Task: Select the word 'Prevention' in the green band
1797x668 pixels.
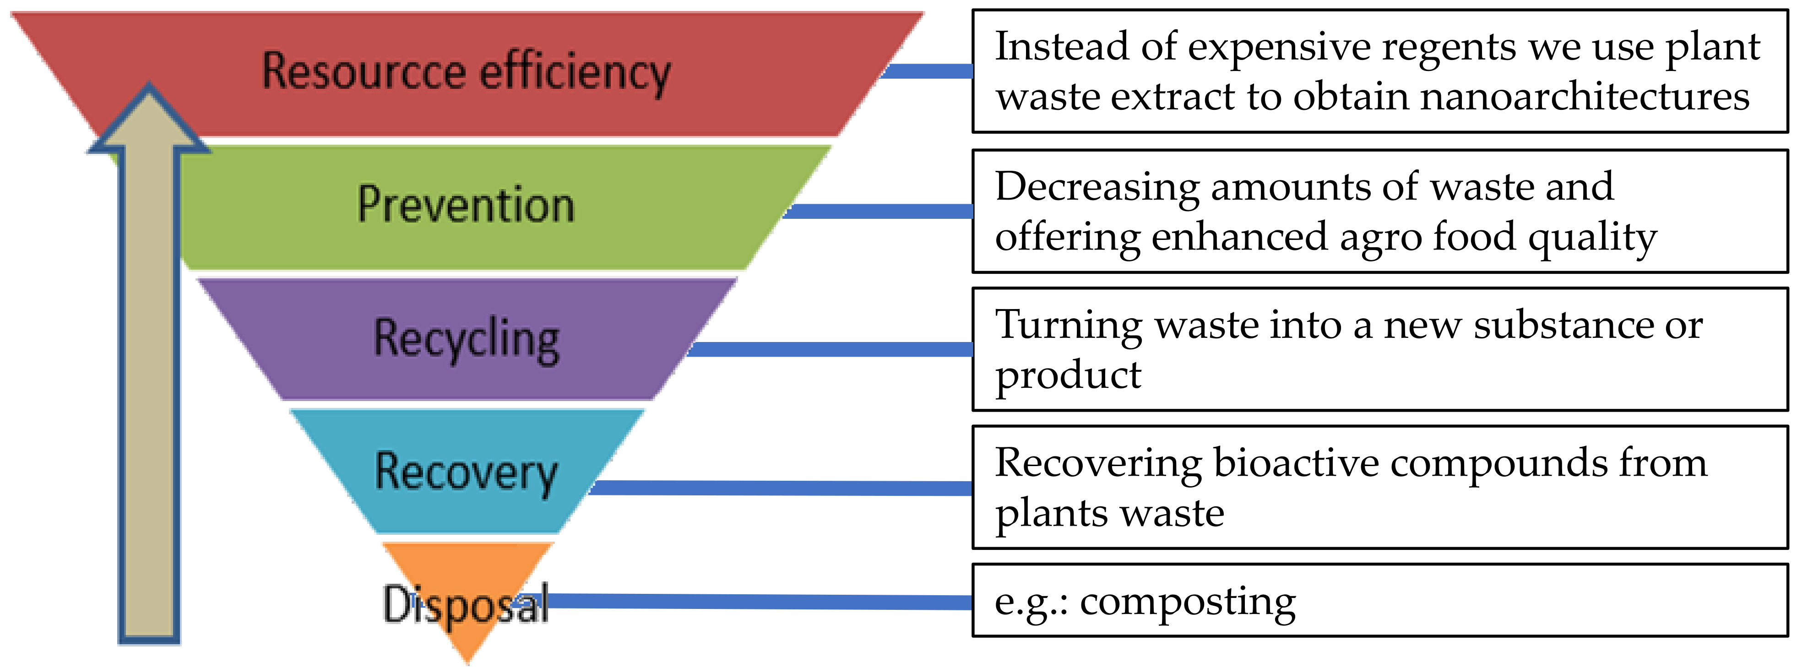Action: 466,205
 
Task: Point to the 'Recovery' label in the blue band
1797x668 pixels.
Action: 466,472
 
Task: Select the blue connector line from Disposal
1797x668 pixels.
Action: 760,601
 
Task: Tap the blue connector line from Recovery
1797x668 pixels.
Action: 782,488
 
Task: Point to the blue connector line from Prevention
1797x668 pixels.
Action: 879,211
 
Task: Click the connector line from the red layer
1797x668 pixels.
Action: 928,71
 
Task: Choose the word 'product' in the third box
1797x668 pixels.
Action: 1067,376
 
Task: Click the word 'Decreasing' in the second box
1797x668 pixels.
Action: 1097,187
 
